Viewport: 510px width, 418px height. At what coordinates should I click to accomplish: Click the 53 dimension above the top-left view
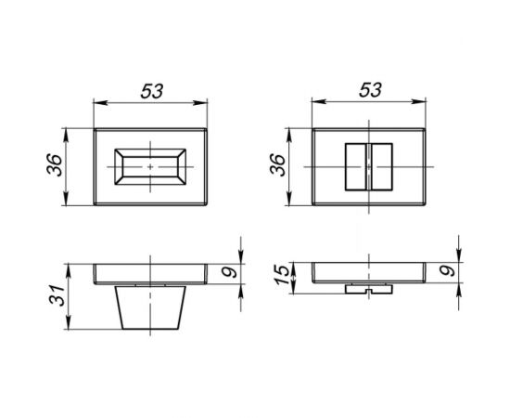[151, 91]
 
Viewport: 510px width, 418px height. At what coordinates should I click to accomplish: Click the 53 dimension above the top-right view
[370, 90]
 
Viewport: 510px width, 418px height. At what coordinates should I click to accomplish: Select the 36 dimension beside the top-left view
[55, 164]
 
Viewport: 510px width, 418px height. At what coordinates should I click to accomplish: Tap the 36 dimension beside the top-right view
[278, 164]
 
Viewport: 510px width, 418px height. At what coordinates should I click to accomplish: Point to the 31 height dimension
[57, 294]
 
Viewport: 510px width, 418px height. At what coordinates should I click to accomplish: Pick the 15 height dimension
[282, 275]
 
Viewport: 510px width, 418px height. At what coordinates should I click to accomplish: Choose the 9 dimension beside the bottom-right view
[448, 271]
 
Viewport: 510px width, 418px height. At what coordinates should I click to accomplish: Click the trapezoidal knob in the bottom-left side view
[150, 307]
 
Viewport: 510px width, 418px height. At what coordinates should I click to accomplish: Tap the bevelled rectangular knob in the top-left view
[150, 167]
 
